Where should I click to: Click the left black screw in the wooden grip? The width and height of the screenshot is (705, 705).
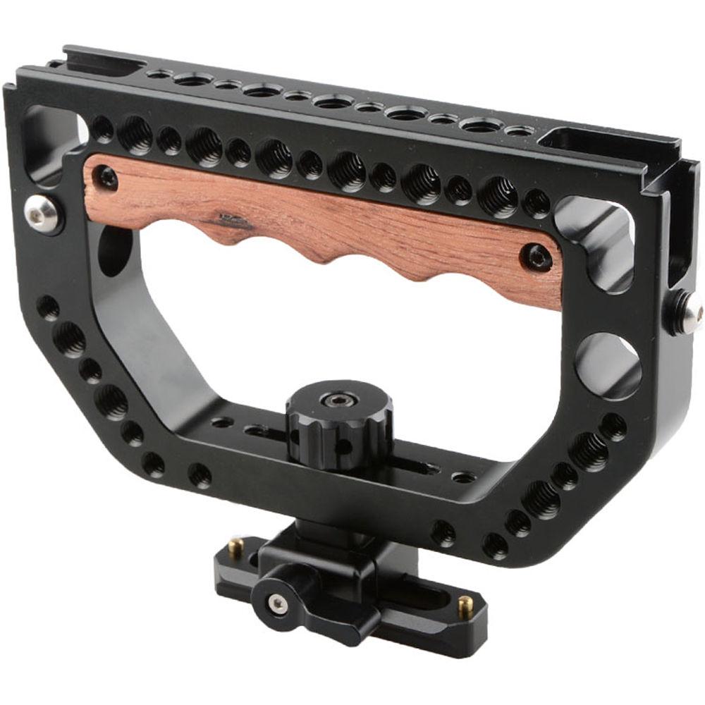tap(107, 177)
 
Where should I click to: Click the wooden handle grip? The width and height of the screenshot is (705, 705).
tap(317, 219)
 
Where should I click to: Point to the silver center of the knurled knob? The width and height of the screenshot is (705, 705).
tap(331, 401)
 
